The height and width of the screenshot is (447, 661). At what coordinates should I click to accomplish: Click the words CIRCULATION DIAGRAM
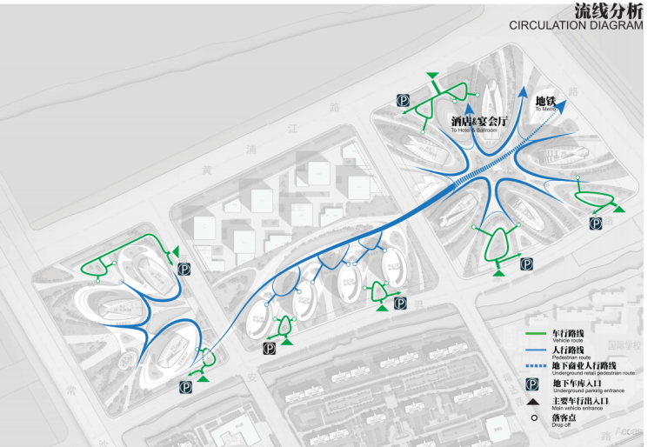(576, 25)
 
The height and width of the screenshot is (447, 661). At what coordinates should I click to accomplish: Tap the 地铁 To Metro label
(544, 103)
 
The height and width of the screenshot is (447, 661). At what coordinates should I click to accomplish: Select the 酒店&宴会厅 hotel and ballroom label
(478, 123)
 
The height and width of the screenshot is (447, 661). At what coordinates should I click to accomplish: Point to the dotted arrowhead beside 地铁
(563, 106)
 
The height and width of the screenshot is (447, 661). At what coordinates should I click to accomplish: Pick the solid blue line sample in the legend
(534, 350)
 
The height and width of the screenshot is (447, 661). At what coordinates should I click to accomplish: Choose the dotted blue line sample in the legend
(534, 366)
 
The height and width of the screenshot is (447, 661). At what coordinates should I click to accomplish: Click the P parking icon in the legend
(533, 384)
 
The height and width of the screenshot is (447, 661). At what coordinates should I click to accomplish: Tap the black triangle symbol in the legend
(533, 402)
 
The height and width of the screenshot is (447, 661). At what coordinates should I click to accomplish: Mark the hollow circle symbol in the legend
(533, 418)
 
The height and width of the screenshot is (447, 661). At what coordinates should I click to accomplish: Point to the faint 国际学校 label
(623, 345)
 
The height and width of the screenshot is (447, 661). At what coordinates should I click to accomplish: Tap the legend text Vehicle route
(567, 341)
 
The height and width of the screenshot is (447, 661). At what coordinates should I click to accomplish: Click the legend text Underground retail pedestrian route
(593, 373)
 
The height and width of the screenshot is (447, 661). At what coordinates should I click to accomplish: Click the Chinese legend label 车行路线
(569, 334)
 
